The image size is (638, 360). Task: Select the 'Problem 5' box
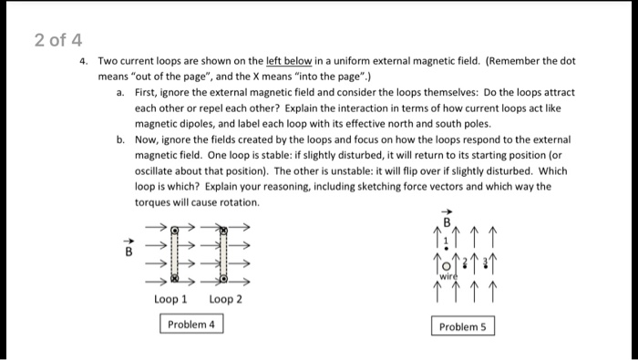[462, 326]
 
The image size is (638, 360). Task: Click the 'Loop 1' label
[170, 299]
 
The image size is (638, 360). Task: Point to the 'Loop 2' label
[224, 299]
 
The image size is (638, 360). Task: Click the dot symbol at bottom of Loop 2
[221, 283]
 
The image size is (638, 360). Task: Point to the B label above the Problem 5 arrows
[448, 220]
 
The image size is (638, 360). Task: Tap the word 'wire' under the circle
[448, 274]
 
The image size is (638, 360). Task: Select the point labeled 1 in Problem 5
[447, 242]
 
